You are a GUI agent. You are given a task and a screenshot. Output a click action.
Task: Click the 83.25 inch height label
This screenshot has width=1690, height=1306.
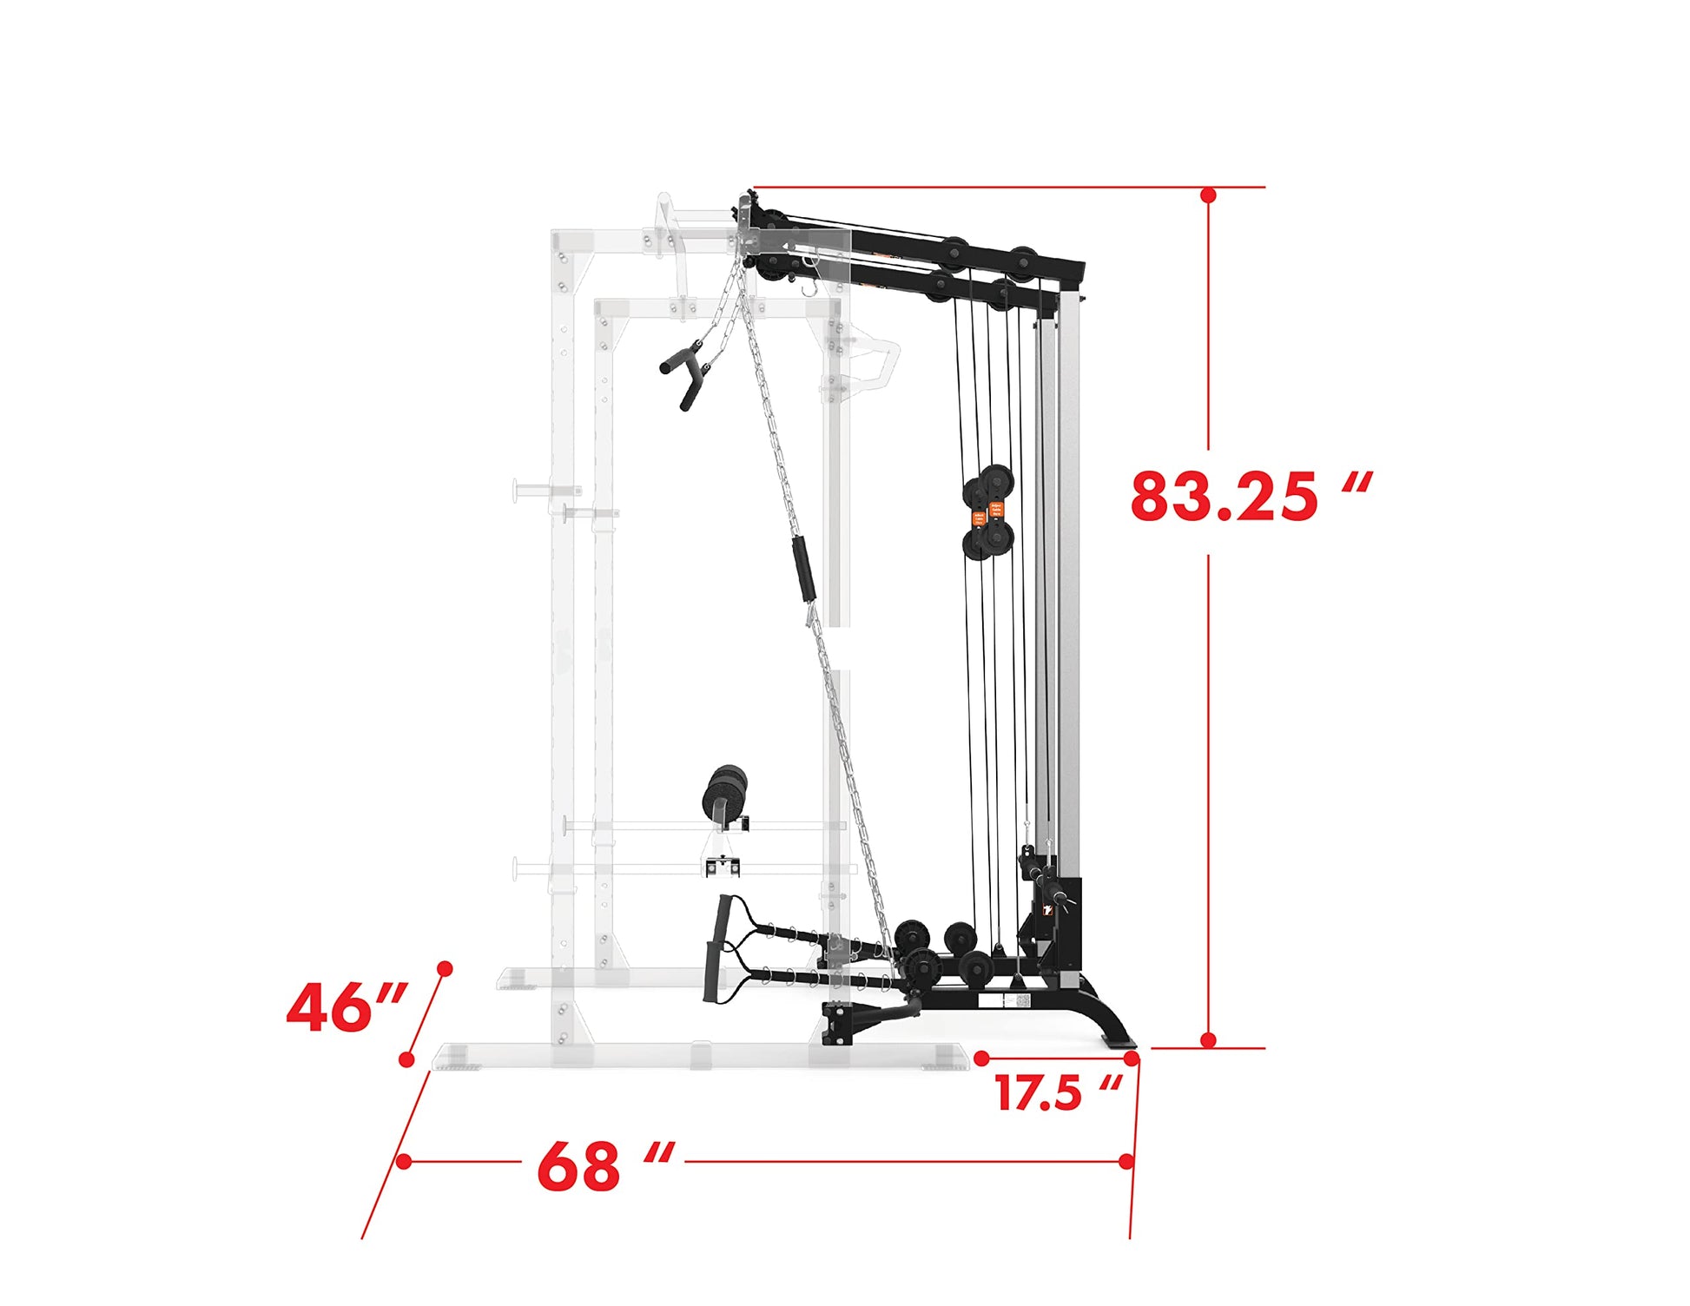(x=1251, y=496)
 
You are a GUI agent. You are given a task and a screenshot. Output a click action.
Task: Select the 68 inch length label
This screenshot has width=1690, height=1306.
(x=605, y=1165)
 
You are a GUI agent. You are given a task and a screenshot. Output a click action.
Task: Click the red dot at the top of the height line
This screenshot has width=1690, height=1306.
(x=1208, y=195)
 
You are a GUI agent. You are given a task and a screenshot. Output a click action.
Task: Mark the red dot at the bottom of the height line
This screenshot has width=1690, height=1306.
(x=1208, y=1039)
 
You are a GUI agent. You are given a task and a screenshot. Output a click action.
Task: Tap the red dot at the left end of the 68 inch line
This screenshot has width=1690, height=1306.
(x=404, y=1161)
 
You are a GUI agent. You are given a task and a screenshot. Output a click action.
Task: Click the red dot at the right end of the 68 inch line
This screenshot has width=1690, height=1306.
(x=1126, y=1161)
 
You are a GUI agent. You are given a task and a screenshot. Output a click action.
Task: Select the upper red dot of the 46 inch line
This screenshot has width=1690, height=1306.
(x=445, y=968)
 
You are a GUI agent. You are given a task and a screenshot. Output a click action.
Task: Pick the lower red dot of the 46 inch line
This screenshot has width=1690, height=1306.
(x=406, y=1059)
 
